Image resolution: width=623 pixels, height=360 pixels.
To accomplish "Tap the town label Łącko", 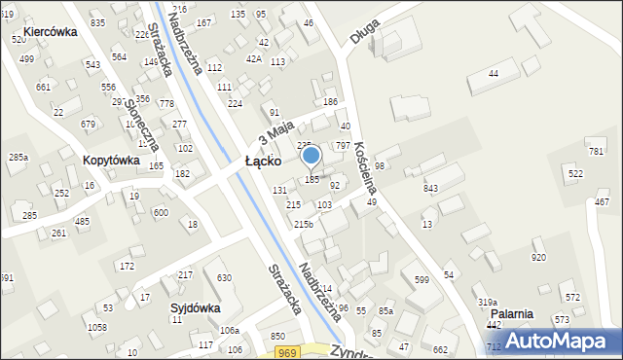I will pyautogui.click(x=263, y=161).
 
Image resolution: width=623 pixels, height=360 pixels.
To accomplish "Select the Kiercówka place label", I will pyautogui.click(x=51, y=31).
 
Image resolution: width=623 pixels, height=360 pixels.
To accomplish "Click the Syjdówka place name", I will pyautogui.click(x=195, y=307).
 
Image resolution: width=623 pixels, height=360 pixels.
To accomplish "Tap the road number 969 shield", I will pyautogui.click(x=285, y=351).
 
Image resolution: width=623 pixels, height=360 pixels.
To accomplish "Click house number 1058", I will pyautogui.click(x=96, y=327).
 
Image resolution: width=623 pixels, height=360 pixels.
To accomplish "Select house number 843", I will pyautogui.click(x=430, y=188).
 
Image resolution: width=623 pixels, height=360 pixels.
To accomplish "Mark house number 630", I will pyautogui.click(x=224, y=278).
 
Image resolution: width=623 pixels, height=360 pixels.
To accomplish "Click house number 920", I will pyautogui.click(x=538, y=257).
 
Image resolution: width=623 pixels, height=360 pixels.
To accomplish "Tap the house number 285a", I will pyautogui.click(x=18, y=157).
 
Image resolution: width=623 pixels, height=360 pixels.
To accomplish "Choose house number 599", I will pyautogui.click(x=421, y=280).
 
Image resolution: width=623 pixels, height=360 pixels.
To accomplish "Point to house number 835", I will pyautogui.click(x=97, y=22).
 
